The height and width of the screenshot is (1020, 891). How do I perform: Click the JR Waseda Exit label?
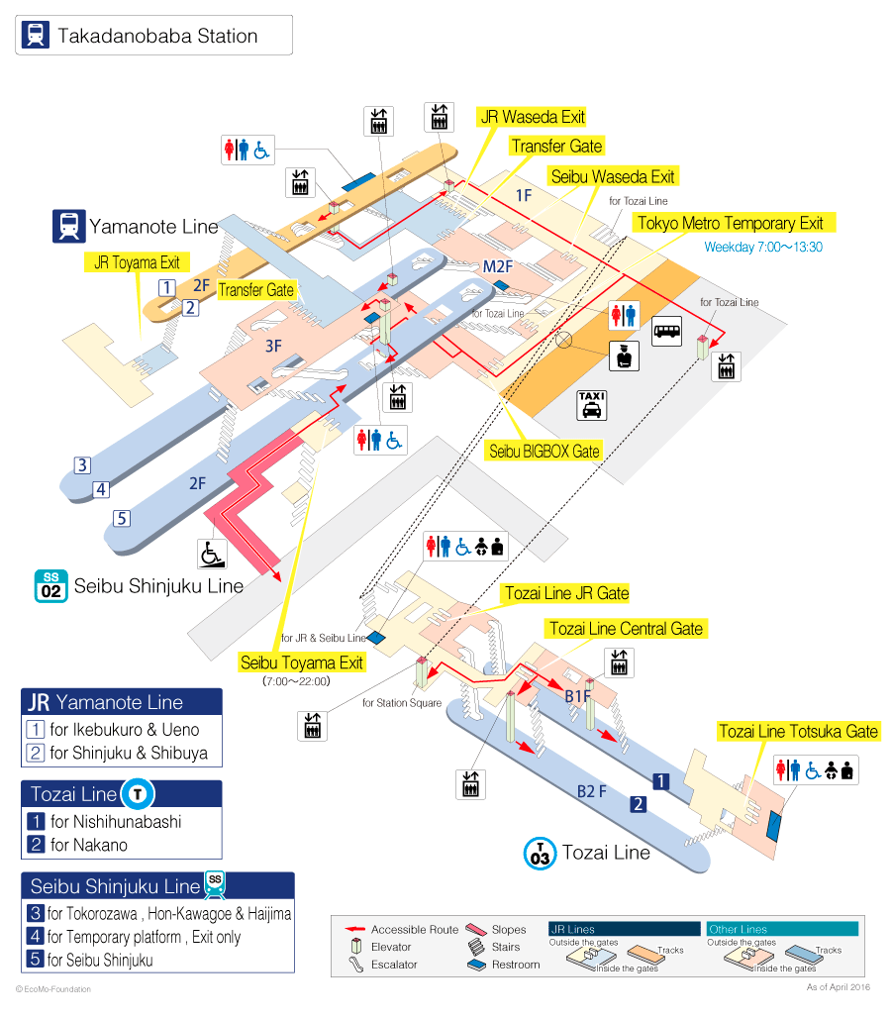532,117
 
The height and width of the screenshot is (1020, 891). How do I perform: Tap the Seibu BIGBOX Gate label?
544,451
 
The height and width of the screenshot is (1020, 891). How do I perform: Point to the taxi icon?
592,405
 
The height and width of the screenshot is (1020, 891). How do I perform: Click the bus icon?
666,331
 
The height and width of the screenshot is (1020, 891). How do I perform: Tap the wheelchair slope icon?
212,555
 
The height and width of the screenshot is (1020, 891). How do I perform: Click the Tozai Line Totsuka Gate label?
799,732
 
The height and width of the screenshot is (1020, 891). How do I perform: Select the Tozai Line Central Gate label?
626,629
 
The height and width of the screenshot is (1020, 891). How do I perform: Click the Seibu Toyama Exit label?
302,663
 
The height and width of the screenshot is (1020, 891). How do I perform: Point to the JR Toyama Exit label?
137,262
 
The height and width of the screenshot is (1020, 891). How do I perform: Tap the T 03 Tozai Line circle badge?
540,854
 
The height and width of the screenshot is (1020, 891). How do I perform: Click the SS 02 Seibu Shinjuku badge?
50,586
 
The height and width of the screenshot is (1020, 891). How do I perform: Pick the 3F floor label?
274,346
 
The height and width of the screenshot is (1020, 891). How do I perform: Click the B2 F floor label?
592,791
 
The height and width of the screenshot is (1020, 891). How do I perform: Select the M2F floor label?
498,266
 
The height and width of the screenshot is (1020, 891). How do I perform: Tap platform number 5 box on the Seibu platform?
122,519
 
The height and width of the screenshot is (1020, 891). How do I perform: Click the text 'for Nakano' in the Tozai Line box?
89,845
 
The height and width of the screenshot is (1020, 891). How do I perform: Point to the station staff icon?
625,356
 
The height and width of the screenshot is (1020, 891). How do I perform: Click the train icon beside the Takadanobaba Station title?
36,35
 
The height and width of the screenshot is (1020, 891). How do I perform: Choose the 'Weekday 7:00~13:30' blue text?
763,248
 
